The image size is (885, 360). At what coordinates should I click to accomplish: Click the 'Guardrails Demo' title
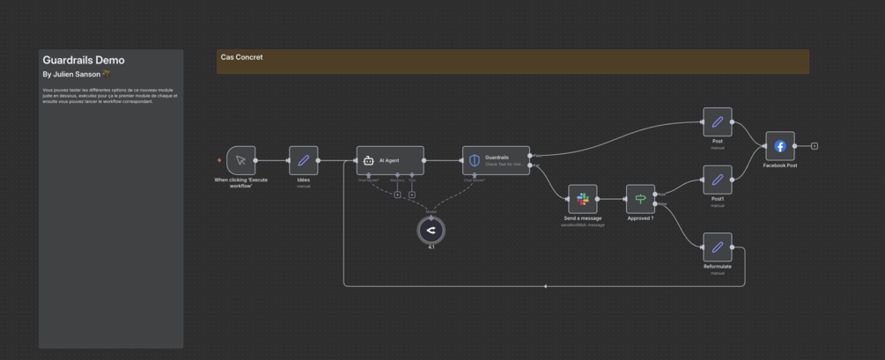click(84, 60)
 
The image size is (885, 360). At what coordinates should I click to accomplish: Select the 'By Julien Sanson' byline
click(71, 75)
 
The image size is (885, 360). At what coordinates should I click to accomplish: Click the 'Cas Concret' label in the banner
click(241, 57)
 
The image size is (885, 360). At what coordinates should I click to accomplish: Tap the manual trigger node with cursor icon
click(240, 160)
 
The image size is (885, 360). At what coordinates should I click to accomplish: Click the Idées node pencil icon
click(303, 160)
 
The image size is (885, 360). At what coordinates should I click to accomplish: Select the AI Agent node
click(390, 160)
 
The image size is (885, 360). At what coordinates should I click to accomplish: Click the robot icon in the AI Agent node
click(369, 160)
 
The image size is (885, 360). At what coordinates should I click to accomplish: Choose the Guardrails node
click(496, 160)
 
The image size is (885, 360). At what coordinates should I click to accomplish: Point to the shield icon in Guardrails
click(475, 160)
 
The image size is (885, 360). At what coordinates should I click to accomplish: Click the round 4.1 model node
click(431, 231)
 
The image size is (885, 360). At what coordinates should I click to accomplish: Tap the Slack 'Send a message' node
click(582, 200)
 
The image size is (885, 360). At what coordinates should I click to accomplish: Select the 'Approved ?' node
click(640, 200)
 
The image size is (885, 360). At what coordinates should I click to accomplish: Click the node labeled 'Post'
click(717, 122)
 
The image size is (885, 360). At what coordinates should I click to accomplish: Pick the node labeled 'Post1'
click(717, 180)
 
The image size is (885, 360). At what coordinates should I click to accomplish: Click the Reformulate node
click(717, 247)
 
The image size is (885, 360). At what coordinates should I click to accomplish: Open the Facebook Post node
click(779, 146)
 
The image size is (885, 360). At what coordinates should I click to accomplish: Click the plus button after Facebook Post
click(815, 146)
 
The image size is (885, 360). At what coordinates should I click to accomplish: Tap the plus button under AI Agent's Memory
click(397, 195)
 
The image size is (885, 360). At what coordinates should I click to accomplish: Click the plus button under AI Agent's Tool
click(411, 195)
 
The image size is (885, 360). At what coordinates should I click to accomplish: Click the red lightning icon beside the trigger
click(219, 160)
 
